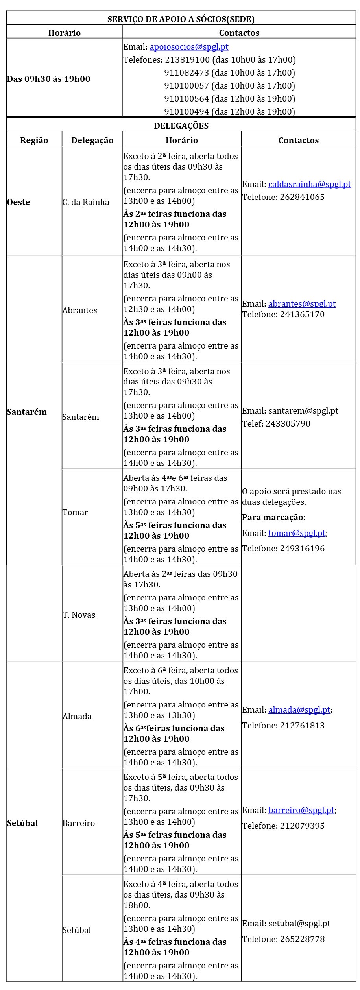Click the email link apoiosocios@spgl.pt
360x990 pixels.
click(189, 47)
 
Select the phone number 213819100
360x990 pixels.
click(187, 60)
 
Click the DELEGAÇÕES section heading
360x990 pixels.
click(181, 126)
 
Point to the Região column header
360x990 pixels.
click(34, 140)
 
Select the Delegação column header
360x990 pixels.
click(92, 140)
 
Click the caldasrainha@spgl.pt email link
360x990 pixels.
click(309, 184)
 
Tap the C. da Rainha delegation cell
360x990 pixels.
click(86, 202)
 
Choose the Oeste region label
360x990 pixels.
click(18, 202)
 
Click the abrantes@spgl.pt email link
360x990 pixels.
click(302, 304)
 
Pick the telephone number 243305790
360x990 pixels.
click(288, 424)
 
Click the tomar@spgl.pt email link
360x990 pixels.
click(297, 533)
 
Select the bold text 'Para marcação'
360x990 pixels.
click(273, 517)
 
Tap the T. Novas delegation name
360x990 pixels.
click(79, 615)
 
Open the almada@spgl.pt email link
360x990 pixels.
click(299, 710)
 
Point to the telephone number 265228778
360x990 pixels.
click(302, 939)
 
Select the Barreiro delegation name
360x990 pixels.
click(79, 823)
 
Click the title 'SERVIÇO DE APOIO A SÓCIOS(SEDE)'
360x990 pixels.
click(181, 19)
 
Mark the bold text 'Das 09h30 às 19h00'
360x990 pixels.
click(48, 79)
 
